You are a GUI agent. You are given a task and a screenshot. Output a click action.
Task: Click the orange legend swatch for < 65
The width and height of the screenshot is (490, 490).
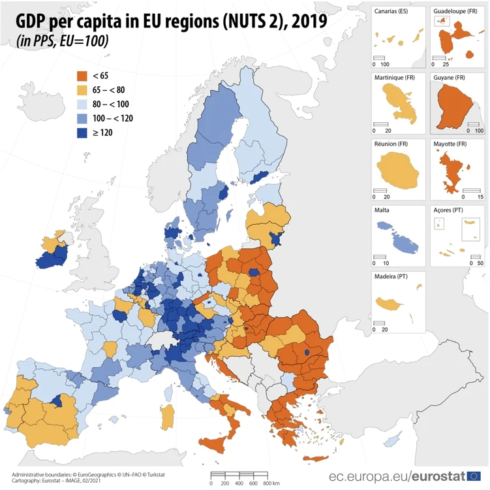point(82,76)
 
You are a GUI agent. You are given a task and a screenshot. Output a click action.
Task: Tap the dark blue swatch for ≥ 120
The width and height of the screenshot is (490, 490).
point(82,133)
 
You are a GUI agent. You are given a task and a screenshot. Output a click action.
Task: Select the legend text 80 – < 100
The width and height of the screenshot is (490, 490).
point(111,104)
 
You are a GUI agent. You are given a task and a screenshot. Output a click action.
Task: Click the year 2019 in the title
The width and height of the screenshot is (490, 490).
point(310,22)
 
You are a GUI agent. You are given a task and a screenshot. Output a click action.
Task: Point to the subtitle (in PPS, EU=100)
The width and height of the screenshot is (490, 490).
point(63,41)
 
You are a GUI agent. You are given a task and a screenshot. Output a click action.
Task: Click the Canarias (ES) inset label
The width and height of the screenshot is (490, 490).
point(391,11)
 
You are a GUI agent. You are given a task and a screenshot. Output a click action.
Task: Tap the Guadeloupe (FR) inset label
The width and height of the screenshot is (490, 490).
point(455,11)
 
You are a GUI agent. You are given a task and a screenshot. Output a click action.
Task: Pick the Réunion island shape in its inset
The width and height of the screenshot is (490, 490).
point(397,171)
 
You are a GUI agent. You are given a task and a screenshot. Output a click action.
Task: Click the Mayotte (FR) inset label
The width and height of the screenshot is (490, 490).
point(450,144)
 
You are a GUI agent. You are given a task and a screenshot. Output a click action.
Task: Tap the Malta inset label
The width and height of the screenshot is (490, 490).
point(382,210)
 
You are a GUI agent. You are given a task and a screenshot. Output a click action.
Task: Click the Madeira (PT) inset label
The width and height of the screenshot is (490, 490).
point(391,276)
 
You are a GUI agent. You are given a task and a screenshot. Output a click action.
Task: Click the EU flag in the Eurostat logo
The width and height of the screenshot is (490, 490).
point(474,476)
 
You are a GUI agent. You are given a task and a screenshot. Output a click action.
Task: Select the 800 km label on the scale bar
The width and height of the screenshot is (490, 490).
point(271,483)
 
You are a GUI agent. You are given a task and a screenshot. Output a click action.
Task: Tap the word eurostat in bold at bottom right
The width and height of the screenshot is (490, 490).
point(438,476)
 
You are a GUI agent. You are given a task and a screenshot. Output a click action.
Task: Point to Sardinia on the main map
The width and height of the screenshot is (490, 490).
point(167,417)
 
